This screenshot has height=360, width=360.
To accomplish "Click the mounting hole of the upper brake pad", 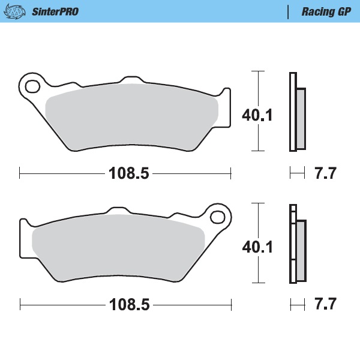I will click(31, 83).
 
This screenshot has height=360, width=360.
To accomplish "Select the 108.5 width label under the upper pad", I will click(128, 174).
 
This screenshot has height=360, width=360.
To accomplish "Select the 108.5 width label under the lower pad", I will click(128, 305).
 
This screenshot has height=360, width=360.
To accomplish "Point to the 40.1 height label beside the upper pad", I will click(257, 114).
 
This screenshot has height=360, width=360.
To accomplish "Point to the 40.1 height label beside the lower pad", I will click(257, 246).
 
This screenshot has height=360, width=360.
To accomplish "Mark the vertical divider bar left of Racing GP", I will click(289, 11).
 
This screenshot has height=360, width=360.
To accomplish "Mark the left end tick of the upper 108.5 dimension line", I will click(20, 174).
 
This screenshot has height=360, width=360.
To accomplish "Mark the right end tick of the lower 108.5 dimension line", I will click(230, 305).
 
